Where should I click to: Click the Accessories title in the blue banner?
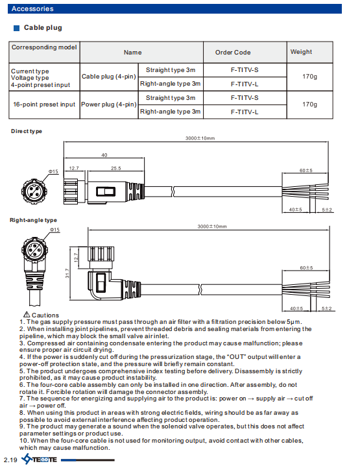pyautogui.click(x=32, y=8)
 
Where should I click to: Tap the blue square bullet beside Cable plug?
pyautogui.click(x=16, y=28)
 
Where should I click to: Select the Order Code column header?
pyautogui.click(x=233, y=52)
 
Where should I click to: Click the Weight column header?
pyautogui.click(x=301, y=52)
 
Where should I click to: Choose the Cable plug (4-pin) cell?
pyautogui.click(x=108, y=77)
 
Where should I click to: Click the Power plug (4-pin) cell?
pyautogui.click(x=108, y=105)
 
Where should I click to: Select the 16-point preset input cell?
pyautogui.click(x=44, y=105)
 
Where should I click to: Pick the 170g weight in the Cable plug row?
pyautogui.click(x=309, y=77)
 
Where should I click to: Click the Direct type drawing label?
pyautogui.click(x=27, y=131)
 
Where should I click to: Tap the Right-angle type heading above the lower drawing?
pyautogui.click(x=33, y=220)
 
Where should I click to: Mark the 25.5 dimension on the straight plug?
pyautogui.click(x=116, y=168)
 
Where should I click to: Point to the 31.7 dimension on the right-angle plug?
pyautogui.click(x=67, y=273)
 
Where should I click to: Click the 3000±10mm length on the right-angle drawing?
pyautogui.click(x=212, y=227)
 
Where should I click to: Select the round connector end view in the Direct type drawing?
pyautogui.click(x=34, y=191)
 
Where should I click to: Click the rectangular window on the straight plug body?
pyautogui.click(x=106, y=191)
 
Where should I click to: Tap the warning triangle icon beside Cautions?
pyautogui.click(x=27, y=315)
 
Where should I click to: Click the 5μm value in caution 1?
pyautogui.click(x=293, y=322)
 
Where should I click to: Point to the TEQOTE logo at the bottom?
pyautogui.click(x=39, y=459)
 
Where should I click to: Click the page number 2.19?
pyautogui.click(x=10, y=460)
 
